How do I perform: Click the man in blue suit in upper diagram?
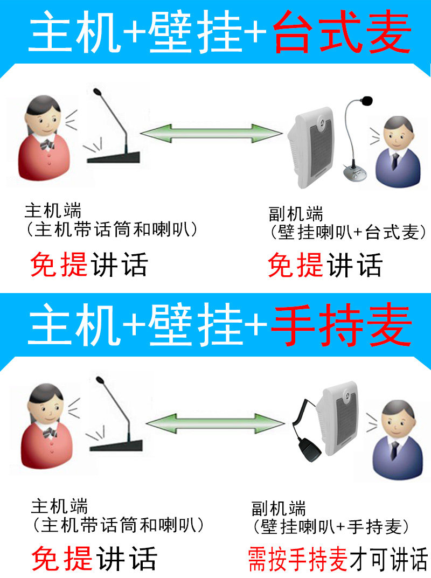(x=397, y=153)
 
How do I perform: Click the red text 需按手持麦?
(x=297, y=559)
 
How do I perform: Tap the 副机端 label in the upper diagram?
(x=295, y=214)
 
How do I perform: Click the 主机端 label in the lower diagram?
(x=59, y=506)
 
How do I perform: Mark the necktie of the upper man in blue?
(x=395, y=160)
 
